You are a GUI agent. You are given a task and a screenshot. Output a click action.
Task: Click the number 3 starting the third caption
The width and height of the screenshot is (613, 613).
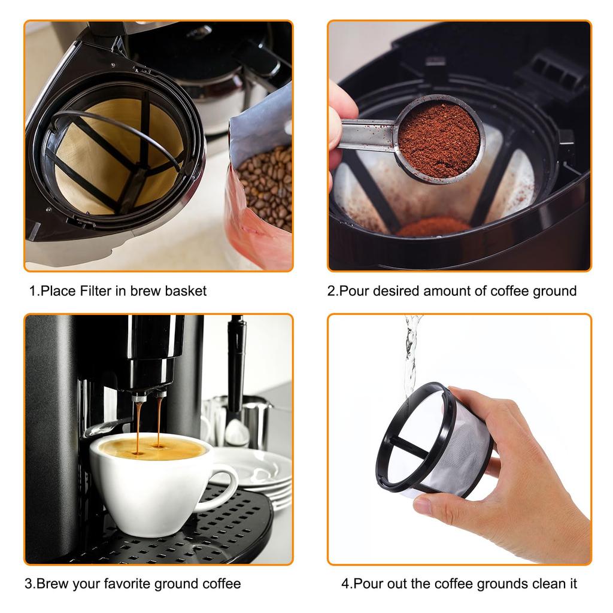click(28, 583)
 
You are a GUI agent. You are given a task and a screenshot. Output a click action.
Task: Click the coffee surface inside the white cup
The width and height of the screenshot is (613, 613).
click(150, 448)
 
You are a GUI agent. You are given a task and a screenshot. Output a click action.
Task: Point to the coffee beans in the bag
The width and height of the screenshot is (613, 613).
click(266, 186)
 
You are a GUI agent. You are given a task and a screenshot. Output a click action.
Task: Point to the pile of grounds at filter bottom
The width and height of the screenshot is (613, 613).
click(433, 227)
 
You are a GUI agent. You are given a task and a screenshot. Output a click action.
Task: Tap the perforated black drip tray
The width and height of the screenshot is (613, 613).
click(198, 533)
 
